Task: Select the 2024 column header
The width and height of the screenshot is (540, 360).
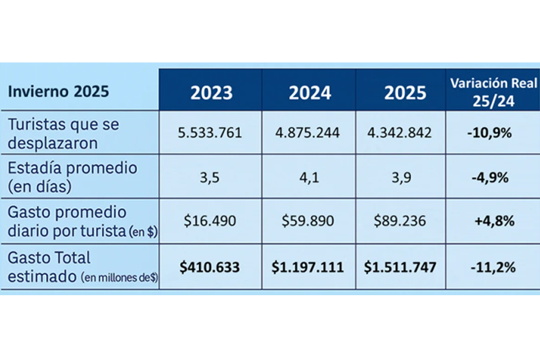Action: [310, 93]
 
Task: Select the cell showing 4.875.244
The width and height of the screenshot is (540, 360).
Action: [310, 133]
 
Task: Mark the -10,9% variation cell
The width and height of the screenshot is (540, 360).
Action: [490, 133]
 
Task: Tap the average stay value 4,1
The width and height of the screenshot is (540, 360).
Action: [310, 178]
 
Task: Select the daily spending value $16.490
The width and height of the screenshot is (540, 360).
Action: [209, 221]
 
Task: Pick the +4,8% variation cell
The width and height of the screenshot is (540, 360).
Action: [493, 221]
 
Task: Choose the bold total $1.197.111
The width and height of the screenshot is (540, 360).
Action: [310, 266]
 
